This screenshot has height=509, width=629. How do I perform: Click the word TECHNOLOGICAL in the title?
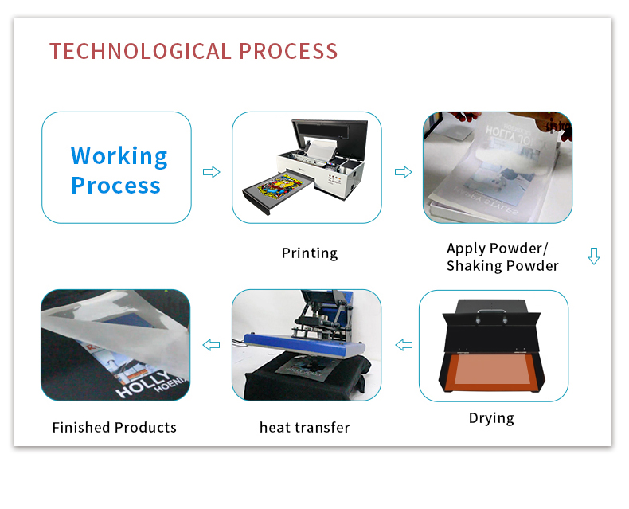[140, 52]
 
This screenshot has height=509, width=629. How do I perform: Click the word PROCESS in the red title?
[288, 52]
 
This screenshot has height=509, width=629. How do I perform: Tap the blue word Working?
[119, 157]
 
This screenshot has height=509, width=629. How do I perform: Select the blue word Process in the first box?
[116, 186]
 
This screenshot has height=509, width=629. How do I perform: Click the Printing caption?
[309, 253]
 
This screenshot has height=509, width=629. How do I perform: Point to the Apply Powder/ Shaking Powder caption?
[502, 257]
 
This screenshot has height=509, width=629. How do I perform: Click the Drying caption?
[491, 418]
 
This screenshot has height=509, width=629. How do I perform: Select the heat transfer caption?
[304, 428]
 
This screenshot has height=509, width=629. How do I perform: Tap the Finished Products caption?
[115, 428]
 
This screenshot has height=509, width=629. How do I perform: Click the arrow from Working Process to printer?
[212, 172]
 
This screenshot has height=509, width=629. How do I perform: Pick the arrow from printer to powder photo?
[403, 172]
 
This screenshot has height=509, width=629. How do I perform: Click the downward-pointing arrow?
[594, 256]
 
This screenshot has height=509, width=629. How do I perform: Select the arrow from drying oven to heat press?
[404, 345]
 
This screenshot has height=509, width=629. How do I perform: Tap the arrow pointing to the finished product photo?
[212, 345]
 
